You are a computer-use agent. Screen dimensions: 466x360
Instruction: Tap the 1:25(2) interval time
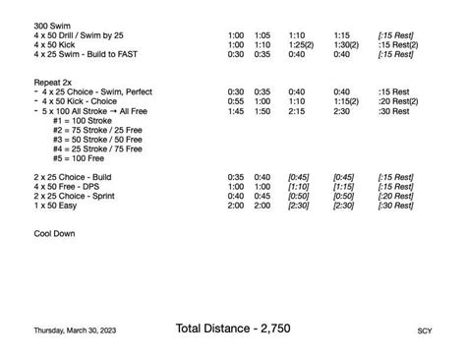click(x=301, y=44)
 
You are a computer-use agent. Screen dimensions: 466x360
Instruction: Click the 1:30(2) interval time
click(x=346, y=44)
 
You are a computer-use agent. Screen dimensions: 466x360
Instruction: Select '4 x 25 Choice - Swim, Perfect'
click(x=96, y=90)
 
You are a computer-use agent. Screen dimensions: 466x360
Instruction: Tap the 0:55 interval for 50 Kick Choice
click(x=236, y=101)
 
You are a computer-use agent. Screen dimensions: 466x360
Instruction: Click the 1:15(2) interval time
click(x=346, y=101)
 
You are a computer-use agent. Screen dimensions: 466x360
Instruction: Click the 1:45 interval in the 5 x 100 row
click(x=236, y=111)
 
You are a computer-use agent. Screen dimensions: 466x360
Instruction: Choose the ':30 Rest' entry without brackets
click(x=393, y=111)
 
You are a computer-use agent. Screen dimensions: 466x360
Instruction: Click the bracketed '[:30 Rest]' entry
click(x=395, y=205)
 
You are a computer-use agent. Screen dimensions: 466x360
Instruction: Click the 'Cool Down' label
click(x=54, y=234)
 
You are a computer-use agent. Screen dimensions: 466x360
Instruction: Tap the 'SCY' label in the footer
click(x=424, y=331)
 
